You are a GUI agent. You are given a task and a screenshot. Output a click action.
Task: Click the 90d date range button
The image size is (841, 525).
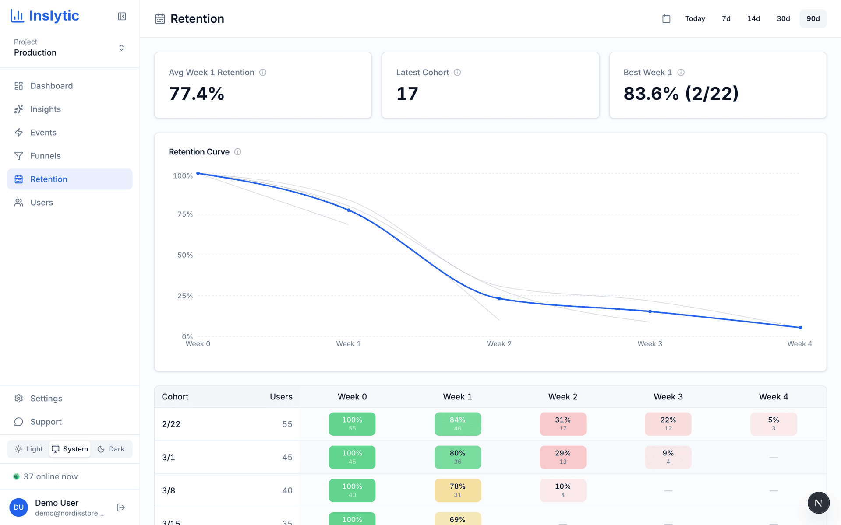pos(813,18)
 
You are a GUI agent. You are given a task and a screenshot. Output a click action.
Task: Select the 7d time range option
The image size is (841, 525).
pos(726,18)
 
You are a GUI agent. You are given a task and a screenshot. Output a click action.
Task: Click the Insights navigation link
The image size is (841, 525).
pos(45,109)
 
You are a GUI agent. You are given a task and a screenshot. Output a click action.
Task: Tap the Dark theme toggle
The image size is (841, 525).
pos(111,449)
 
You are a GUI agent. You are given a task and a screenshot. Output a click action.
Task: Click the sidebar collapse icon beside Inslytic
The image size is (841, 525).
pos(122,16)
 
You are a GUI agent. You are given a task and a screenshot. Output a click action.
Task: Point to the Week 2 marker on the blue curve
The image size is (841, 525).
pos(499,298)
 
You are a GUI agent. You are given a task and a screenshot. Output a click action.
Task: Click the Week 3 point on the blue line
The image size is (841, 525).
pos(650,311)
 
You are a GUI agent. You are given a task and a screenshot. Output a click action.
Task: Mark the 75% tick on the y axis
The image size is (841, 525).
pos(185,214)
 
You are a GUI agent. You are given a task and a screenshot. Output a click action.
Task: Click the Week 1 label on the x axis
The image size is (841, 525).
pos(348,344)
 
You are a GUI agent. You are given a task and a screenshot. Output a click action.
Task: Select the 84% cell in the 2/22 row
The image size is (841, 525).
pos(457,423)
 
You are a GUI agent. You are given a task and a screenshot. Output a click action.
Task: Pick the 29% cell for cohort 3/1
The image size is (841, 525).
pos(562,457)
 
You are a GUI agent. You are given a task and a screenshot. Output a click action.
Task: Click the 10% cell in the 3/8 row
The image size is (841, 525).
pos(562,490)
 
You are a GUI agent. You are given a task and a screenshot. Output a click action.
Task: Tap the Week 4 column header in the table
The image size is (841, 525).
pos(773,397)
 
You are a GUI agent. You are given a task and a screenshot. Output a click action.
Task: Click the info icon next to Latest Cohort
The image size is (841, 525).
pos(457,72)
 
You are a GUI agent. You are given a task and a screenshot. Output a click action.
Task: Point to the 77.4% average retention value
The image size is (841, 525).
pos(197,94)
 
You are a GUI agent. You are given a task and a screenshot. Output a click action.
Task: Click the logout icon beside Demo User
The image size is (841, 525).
pos(121,507)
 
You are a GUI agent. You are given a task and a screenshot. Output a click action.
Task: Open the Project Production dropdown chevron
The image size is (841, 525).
pos(121,48)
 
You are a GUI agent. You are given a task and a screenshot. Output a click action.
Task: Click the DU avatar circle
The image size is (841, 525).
pos(18,507)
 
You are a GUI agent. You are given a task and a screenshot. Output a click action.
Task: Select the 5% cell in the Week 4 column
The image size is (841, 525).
pos(773,423)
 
